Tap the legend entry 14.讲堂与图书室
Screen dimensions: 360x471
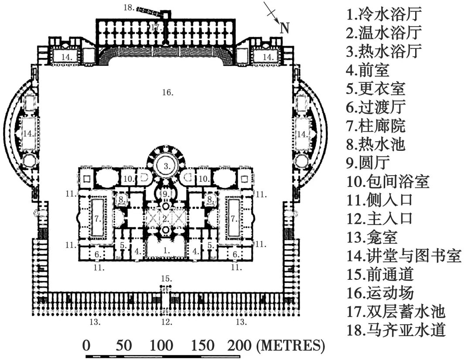coord(403,256)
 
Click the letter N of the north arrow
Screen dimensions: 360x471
coord(284,28)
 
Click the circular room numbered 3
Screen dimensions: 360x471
coord(167,166)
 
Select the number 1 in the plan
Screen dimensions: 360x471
coord(166,251)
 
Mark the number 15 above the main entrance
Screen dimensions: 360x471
coord(166,278)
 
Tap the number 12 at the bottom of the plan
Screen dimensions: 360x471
coord(167,323)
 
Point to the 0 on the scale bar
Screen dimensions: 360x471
coord(86,346)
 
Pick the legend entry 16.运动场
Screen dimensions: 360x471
coord(380,293)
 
